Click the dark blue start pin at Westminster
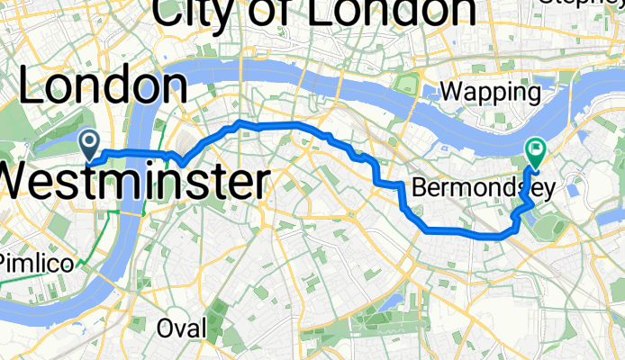pyautogui.click(x=90, y=141)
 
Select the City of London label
pyautogui.click(x=314, y=12)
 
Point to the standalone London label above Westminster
pyautogui.click(x=103, y=87)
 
